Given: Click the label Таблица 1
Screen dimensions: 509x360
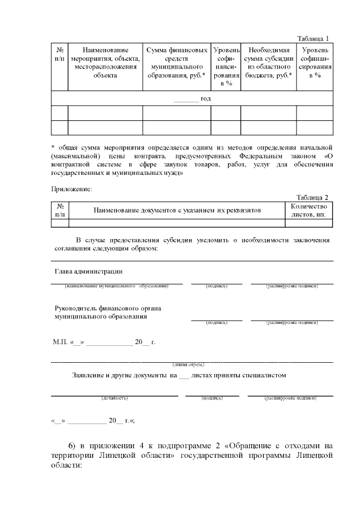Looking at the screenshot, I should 312,38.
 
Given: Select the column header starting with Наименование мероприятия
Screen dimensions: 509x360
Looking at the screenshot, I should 105,62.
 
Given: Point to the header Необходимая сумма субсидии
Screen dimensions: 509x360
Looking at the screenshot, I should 268,62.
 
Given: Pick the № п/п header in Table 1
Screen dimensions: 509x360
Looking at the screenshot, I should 59,54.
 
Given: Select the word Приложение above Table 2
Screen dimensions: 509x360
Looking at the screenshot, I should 71,189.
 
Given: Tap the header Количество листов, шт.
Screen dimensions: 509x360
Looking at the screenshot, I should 309,210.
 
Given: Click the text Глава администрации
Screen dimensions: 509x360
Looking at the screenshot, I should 88,271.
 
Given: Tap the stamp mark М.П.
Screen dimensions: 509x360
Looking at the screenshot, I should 60,342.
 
